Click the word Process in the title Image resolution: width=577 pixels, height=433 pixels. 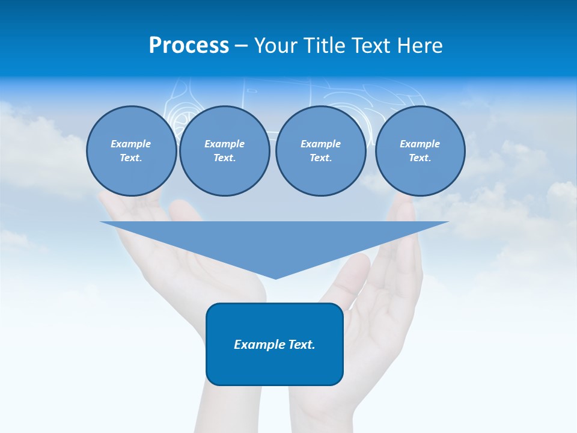189,46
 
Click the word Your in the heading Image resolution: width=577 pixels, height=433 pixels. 278,46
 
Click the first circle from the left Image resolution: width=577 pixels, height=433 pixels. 131,151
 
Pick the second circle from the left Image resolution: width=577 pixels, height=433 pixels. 224,151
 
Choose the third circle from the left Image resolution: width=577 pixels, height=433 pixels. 320,151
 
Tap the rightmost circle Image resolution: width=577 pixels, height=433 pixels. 420,151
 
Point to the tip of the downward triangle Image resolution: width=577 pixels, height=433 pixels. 275,278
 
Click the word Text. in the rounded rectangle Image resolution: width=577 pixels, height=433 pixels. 302,345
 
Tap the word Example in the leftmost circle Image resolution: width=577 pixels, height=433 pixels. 131,144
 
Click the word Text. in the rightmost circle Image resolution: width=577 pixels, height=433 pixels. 420,158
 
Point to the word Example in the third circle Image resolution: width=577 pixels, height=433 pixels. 320,144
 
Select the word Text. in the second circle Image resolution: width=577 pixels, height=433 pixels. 224,158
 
